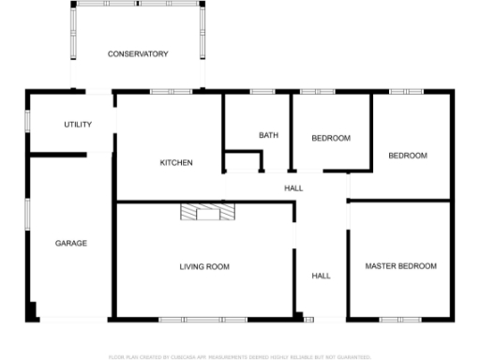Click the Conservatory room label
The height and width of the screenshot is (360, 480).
[x=138, y=54]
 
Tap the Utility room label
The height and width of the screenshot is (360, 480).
[x=77, y=125]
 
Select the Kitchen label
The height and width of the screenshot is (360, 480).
[x=176, y=163]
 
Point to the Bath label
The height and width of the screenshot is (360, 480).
[x=269, y=136]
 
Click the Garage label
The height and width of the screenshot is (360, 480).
[x=70, y=244]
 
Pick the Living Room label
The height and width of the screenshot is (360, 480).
[x=204, y=267]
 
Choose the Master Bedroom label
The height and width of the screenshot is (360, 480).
[x=400, y=267]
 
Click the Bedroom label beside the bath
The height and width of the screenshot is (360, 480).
[x=331, y=139]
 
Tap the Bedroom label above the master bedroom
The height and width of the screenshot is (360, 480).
[x=408, y=156]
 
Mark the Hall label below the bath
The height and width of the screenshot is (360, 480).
[x=293, y=188]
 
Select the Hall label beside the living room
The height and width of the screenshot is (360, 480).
[x=321, y=277]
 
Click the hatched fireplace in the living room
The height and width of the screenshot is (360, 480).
[x=206, y=212]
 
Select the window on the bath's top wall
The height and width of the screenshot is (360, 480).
[x=262, y=91]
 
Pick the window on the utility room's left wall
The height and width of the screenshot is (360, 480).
[x=26, y=120]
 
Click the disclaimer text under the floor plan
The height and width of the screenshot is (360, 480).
[x=240, y=357]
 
